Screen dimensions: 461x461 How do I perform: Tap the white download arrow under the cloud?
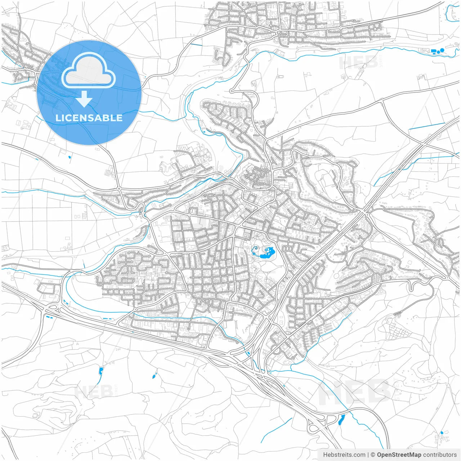click(x=84, y=99)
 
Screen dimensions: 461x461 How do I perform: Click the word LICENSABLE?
click(x=89, y=118)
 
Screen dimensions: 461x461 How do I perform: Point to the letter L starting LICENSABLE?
click(x=58, y=118)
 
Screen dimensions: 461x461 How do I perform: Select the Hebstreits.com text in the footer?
click(x=344, y=455)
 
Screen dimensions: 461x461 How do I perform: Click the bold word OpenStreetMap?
click(x=399, y=455)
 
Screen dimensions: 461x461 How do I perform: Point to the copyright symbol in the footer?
click(x=373, y=455)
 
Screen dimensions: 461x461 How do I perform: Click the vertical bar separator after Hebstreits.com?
click(x=368, y=455)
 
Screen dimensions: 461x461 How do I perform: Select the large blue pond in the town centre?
click(x=266, y=253)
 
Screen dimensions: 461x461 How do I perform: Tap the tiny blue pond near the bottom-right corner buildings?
click(x=442, y=433)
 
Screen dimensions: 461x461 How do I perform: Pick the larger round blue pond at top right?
click(x=442, y=50)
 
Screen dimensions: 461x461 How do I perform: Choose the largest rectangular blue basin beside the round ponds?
click(x=433, y=52)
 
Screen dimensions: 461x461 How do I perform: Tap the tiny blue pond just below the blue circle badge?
click(x=70, y=157)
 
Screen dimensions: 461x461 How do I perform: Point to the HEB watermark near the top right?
click(x=358, y=62)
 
